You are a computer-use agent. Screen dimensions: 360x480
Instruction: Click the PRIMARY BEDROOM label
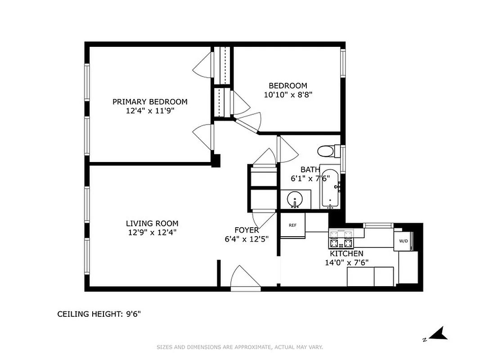[x=150, y=102]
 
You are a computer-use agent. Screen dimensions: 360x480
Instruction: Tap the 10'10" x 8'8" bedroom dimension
[x=287, y=95]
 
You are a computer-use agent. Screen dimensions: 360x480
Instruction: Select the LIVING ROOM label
[x=152, y=223]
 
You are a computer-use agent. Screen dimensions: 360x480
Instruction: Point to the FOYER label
[x=247, y=230]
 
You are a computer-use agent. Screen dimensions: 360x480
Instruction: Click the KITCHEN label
[x=346, y=254]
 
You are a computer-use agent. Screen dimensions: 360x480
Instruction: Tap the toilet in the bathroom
[x=326, y=151]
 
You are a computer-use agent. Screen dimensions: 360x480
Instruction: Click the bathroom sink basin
[x=295, y=199]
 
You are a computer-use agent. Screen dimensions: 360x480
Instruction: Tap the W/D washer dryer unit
[x=403, y=241]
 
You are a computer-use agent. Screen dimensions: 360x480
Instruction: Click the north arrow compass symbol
[x=436, y=334]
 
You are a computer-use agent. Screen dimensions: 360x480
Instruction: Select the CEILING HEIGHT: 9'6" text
[x=99, y=314]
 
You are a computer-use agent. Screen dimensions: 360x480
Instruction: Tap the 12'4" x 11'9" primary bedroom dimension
[x=150, y=111]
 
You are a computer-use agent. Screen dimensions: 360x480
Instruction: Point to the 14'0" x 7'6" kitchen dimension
[x=350, y=263]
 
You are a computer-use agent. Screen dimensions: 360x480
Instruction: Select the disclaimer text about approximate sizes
[x=239, y=347]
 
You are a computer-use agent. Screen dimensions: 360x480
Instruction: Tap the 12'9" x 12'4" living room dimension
[x=152, y=233]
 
